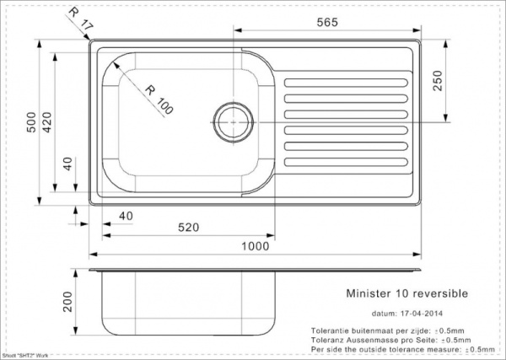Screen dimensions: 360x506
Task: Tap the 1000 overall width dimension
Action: click(255, 246)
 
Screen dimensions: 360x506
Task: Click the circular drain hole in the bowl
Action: click(231, 120)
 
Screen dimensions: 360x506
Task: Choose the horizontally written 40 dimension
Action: click(125, 217)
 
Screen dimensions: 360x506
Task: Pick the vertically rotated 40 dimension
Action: click(68, 164)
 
